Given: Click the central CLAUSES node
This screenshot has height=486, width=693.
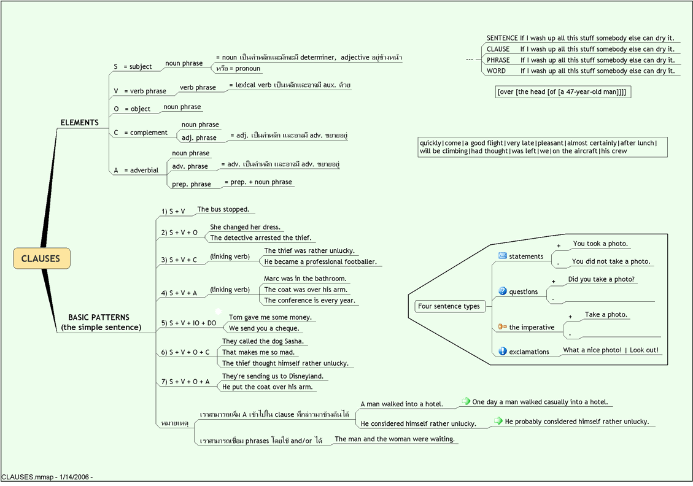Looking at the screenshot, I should pyautogui.click(x=41, y=258).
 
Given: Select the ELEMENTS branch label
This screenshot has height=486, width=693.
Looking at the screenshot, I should pyautogui.click(x=79, y=123).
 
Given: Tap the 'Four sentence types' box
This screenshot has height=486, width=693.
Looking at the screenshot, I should pyautogui.click(x=449, y=306).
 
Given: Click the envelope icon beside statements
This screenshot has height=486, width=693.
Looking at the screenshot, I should pyautogui.click(x=502, y=256).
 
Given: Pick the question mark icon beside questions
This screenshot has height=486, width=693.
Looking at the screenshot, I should pyautogui.click(x=502, y=291).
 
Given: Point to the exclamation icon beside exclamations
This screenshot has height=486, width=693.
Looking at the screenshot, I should pyautogui.click(x=502, y=352).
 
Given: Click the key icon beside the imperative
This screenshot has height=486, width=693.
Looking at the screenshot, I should pyautogui.click(x=502, y=327).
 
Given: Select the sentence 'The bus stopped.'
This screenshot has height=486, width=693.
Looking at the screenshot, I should pyautogui.click(x=223, y=209).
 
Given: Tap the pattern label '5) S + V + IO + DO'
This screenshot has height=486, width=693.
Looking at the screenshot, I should pyautogui.click(x=188, y=323).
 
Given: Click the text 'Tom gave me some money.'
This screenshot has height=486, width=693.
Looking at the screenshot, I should pyautogui.click(x=270, y=317).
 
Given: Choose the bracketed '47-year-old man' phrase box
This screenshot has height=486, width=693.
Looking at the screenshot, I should pyautogui.click(x=563, y=92).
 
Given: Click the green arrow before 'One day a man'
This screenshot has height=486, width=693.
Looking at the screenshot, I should pyautogui.click(x=466, y=401).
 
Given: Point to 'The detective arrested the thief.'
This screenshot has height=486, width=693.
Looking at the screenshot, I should pyautogui.click(x=261, y=237).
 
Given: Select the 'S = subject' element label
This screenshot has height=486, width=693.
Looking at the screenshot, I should pyautogui.click(x=133, y=66).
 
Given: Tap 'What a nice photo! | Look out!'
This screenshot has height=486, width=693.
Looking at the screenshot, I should pyautogui.click(x=611, y=350).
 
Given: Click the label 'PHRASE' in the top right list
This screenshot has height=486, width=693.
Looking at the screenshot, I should pyautogui.click(x=498, y=60).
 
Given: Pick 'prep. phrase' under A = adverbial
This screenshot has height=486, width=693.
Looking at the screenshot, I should pyautogui.click(x=191, y=183).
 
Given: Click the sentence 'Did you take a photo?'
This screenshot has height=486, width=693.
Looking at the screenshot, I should pyautogui.click(x=601, y=279).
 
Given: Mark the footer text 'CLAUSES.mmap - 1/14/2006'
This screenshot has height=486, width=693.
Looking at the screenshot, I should pyautogui.click(x=47, y=477).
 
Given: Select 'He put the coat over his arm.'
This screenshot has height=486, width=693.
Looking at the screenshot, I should pyautogui.click(x=267, y=387).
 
